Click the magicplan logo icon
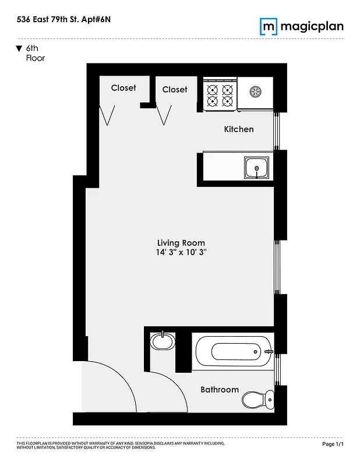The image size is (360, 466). pyautogui.click(x=268, y=26)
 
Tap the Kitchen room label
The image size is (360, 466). pyautogui.click(x=239, y=129)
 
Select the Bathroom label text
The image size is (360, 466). pyautogui.click(x=220, y=389)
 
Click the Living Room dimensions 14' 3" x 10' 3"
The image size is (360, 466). pyautogui.click(x=181, y=253)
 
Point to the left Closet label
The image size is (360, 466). pyautogui.click(x=123, y=87)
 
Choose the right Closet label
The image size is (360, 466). pyautogui.click(x=175, y=89)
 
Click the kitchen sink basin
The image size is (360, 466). pyautogui.click(x=257, y=168)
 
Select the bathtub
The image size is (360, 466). pyautogui.click(x=233, y=351)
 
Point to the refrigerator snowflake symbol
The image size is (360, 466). pyautogui.click(x=255, y=91)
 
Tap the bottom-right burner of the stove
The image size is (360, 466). pyautogui.click(x=227, y=101)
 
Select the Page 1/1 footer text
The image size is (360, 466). pyautogui.click(x=333, y=444)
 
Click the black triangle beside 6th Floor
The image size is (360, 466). pyautogui.click(x=19, y=48)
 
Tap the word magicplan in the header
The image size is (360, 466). pyautogui.click(x=312, y=26)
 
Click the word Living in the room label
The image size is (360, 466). pyautogui.click(x=168, y=243)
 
